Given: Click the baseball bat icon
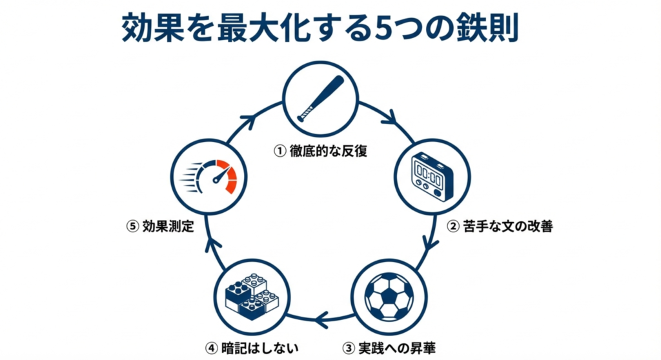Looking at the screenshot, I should click(x=321, y=99).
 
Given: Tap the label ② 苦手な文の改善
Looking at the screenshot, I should click(x=501, y=226).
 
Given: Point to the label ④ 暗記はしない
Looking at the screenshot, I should click(x=252, y=348).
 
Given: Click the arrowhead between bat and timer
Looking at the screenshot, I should click(x=390, y=119).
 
